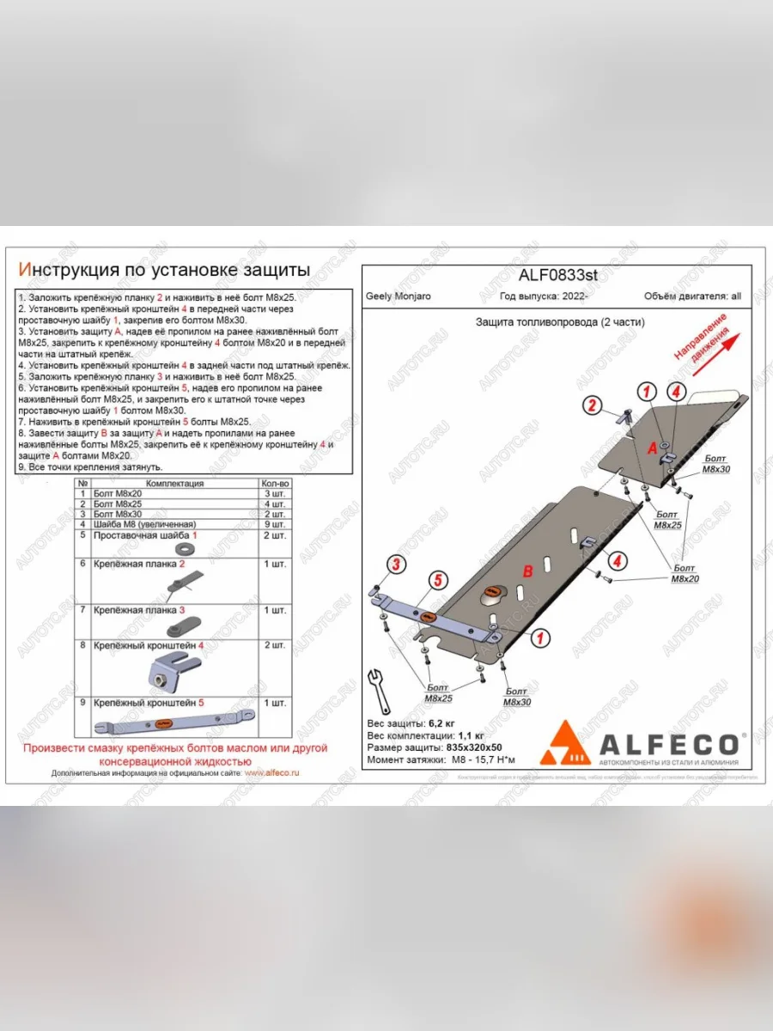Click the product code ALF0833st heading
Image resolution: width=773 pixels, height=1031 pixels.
(557, 276)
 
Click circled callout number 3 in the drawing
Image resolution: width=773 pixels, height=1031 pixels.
(395, 564)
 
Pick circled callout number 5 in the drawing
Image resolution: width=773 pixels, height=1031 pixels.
(437, 582)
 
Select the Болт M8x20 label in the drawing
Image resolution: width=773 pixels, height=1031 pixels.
(685, 574)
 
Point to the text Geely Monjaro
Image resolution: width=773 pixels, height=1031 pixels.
(399, 296)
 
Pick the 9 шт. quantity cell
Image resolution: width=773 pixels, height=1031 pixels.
(275, 523)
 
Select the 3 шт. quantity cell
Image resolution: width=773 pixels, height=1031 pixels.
(275, 494)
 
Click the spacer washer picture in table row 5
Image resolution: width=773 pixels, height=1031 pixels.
(182, 549)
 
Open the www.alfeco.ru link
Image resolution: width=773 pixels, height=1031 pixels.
(271, 772)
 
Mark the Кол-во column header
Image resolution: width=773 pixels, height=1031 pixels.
(276, 484)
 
